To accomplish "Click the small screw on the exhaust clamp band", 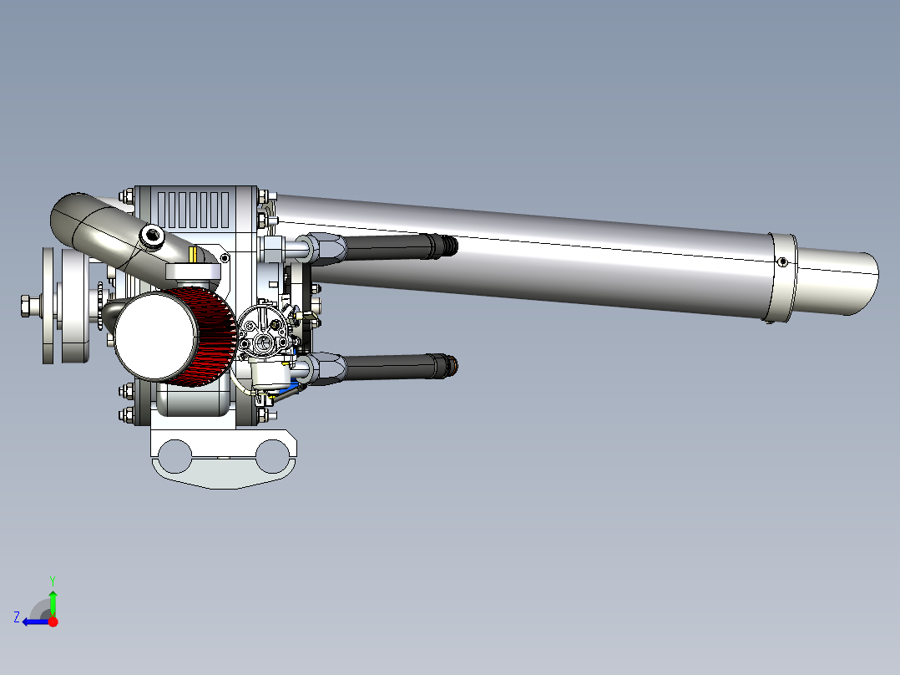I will pos(782,261).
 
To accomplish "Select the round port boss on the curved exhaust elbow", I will pos(152,236).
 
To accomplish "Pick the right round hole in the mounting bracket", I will pos(272,457).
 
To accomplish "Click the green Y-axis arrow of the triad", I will pos(53,599).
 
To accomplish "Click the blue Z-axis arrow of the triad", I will pos(32,622).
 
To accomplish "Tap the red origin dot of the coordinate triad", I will pos(53,622).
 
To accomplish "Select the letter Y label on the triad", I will pos(52,580).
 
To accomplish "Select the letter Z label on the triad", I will pos(16,617).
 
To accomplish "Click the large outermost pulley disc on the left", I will pos(52,306).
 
